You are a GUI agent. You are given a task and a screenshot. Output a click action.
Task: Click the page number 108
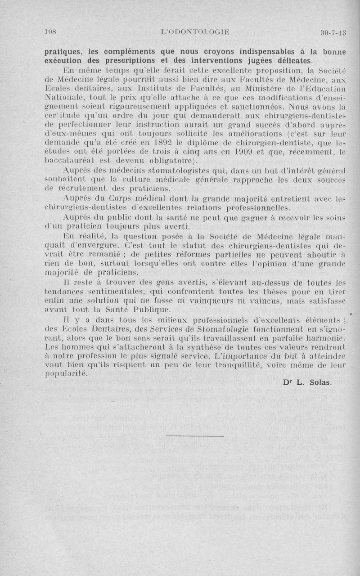coord(53,32)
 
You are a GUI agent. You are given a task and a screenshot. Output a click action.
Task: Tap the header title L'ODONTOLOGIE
coord(195,32)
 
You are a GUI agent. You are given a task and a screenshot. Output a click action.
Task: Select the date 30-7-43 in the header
coord(333,32)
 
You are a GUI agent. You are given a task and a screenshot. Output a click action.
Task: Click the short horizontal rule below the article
coord(194,436)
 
